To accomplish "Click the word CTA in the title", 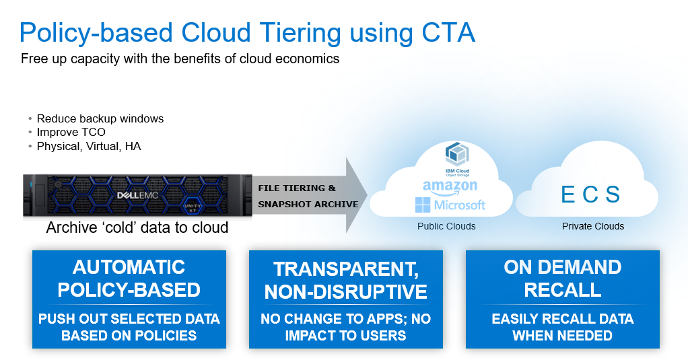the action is pos(448,32).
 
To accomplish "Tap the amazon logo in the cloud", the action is pos(450,187).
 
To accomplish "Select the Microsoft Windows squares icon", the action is pos(423,205).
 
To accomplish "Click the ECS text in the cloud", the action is pos(590,194).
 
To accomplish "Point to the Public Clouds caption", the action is pos(446,226).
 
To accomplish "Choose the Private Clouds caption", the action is pos(593,226).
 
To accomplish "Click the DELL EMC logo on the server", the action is pos(137,195).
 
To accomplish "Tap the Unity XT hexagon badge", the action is pos(193,207).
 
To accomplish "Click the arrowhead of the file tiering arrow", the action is pos(356,195).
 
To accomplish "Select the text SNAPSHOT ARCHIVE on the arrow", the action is pos(308,205).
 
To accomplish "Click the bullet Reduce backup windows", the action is pos(100,118).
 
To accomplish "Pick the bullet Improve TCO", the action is pos(71,132).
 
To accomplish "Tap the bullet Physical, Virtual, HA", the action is pos(89,146).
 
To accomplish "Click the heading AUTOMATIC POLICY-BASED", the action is pos(129,279).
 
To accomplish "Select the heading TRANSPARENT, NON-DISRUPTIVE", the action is pos(346,280).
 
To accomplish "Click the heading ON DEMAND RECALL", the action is pos(563,279).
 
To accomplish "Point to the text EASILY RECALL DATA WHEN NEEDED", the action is pos(563,327).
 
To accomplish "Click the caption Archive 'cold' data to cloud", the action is pos(137,227).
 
